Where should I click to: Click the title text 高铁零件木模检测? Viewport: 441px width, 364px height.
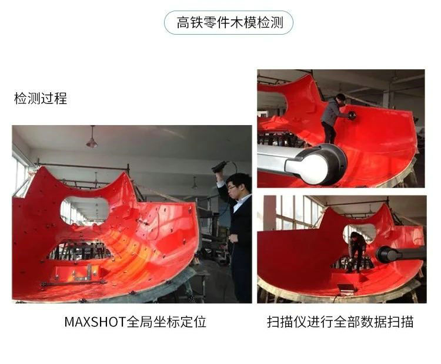(x=229, y=22)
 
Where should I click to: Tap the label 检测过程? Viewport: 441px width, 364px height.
(x=41, y=98)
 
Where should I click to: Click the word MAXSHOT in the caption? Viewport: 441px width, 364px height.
(x=95, y=322)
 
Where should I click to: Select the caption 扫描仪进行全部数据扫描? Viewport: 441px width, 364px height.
(x=340, y=322)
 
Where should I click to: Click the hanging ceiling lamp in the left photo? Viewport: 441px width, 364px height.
(x=92, y=140)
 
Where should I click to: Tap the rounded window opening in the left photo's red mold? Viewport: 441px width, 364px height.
(x=84, y=211)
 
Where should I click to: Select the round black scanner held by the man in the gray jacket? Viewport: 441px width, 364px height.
(x=352, y=115)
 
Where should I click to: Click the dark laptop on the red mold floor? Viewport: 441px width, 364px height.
(x=347, y=288)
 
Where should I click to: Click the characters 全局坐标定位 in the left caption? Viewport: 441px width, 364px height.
(x=166, y=322)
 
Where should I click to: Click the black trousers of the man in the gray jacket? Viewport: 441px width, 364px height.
(x=329, y=133)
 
